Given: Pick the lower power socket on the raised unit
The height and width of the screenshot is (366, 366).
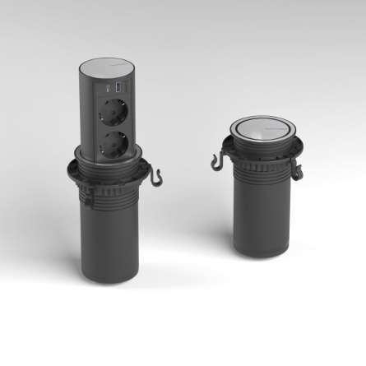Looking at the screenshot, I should pos(116,143).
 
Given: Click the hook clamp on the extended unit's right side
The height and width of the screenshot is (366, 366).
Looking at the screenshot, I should pos(155,175).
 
